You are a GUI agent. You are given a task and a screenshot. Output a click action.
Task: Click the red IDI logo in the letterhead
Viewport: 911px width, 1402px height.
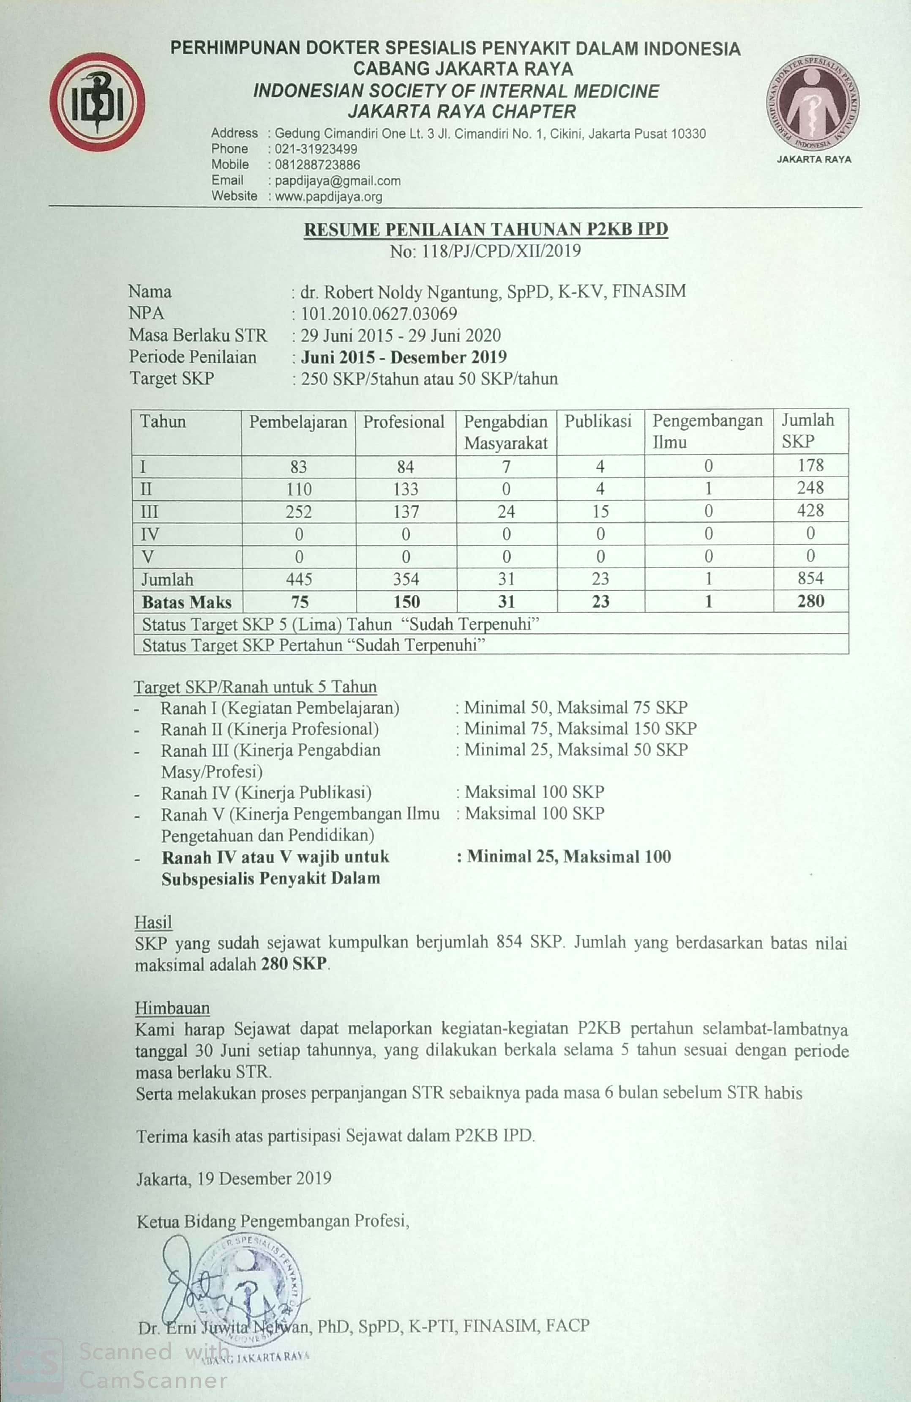[97, 102]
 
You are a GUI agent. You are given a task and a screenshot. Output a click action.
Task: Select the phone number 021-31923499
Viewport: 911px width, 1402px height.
[316, 149]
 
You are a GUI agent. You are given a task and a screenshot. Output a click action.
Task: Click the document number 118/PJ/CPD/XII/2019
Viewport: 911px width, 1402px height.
[501, 252]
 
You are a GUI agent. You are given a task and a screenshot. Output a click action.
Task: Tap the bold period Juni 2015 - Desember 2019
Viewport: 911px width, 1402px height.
[404, 357]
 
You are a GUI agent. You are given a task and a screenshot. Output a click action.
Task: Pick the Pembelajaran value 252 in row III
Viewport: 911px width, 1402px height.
[299, 511]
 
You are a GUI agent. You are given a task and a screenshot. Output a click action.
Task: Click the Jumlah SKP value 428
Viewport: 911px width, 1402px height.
[810, 511]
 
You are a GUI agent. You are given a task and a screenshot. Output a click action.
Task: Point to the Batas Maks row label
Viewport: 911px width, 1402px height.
[186, 602]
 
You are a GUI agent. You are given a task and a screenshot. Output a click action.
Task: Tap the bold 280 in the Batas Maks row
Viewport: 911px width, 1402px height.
[810, 602]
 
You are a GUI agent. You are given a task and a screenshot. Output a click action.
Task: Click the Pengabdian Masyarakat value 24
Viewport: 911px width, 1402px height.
[506, 511]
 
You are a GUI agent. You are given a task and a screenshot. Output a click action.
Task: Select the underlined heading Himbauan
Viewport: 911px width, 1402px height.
[172, 1008]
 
